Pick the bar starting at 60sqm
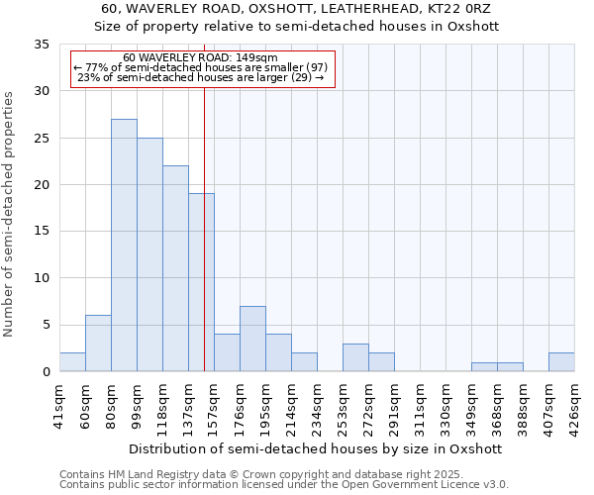[98, 344]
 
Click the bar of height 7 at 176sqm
[252, 339]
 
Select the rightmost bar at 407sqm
[561, 362]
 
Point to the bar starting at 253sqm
[355, 357]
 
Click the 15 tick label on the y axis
[42, 232]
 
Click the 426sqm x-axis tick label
[574, 407]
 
